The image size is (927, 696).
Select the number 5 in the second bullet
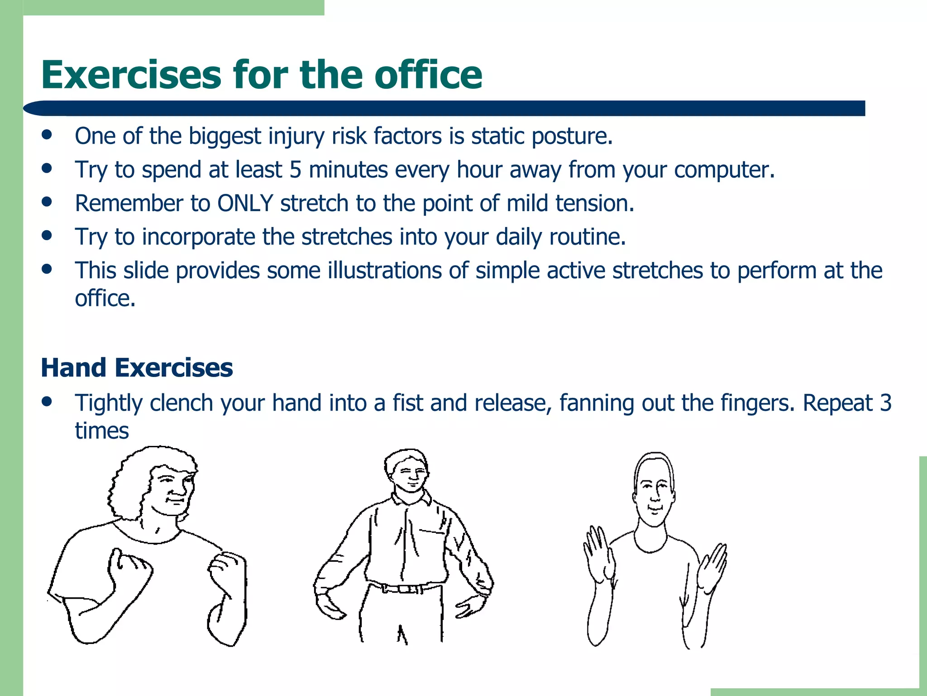[295, 170]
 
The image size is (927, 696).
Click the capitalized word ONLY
[245, 203]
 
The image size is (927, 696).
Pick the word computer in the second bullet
[724, 170]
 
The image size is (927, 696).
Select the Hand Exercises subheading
[137, 367]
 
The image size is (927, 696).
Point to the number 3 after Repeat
[886, 403]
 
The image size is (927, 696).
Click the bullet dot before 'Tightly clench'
[47, 401]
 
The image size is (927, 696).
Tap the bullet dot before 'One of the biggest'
[47, 135]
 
